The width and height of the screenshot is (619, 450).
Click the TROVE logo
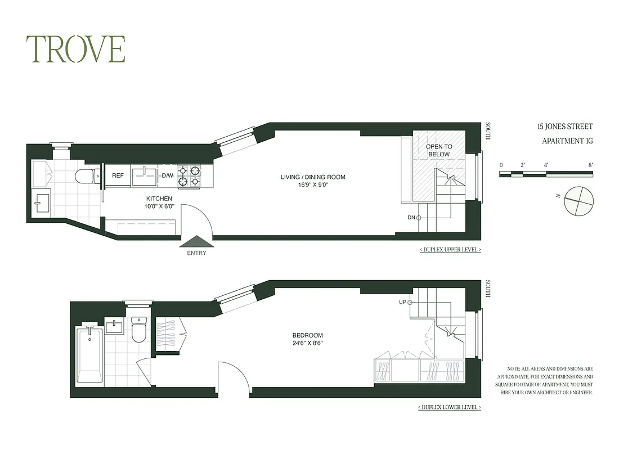pyautogui.click(x=75, y=49)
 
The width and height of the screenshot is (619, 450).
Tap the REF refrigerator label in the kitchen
pyautogui.click(x=118, y=175)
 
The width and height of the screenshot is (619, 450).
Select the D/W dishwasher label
pyautogui.click(x=168, y=175)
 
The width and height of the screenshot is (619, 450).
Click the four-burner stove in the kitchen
pyautogui.click(x=190, y=175)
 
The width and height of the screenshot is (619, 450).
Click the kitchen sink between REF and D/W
pyautogui.click(x=145, y=175)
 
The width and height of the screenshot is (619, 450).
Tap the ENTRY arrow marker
pyautogui.click(x=196, y=241)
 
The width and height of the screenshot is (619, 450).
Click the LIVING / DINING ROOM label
pyautogui.click(x=313, y=177)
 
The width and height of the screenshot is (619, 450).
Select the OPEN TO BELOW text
pyautogui.click(x=439, y=150)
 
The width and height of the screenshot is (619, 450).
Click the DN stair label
pyautogui.click(x=411, y=217)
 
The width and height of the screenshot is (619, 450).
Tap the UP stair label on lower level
pyautogui.click(x=402, y=302)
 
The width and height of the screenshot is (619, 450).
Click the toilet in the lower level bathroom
pyautogui.click(x=138, y=330)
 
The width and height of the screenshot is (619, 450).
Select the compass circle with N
pyautogui.click(x=579, y=201)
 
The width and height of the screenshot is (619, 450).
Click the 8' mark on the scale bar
pyautogui.click(x=590, y=165)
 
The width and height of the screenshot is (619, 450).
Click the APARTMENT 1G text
pyautogui.click(x=567, y=141)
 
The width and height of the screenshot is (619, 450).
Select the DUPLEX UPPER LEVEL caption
pyautogui.click(x=450, y=249)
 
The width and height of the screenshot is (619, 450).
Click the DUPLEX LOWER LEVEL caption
pyautogui.click(x=450, y=407)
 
